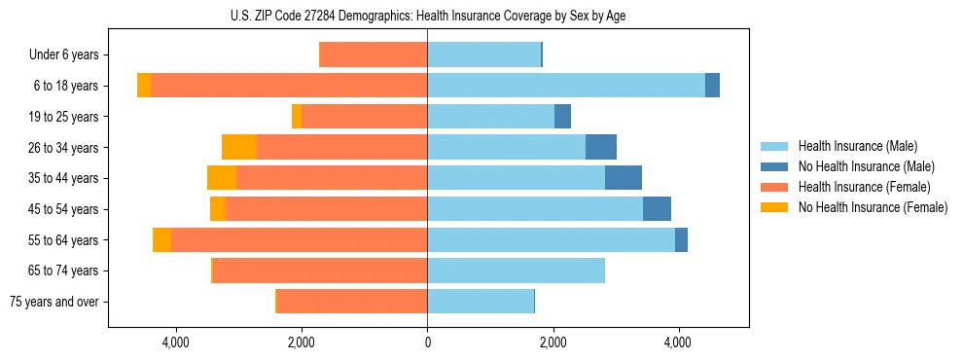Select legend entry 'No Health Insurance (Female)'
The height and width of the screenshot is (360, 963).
[x=873, y=207]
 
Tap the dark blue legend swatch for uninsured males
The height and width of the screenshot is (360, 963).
[x=775, y=166]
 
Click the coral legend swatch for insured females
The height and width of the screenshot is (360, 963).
[x=775, y=187]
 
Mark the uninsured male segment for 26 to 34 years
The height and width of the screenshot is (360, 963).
[x=601, y=147]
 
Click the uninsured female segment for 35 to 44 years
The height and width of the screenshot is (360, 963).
[x=222, y=178]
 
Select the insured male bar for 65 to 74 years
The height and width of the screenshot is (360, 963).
[x=516, y=270]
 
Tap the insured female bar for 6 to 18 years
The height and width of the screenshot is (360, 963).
[x=289, y=86]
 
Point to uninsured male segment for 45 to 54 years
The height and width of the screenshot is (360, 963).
[x=657, y=209]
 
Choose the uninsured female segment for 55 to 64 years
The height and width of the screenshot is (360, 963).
[x=161, y=239]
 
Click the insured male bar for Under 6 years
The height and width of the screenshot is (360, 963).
[x=483, y=54]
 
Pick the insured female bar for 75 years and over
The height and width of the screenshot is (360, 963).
[x=352, y=302]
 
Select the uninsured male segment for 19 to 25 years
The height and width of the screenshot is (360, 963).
[x=562, y=117]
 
